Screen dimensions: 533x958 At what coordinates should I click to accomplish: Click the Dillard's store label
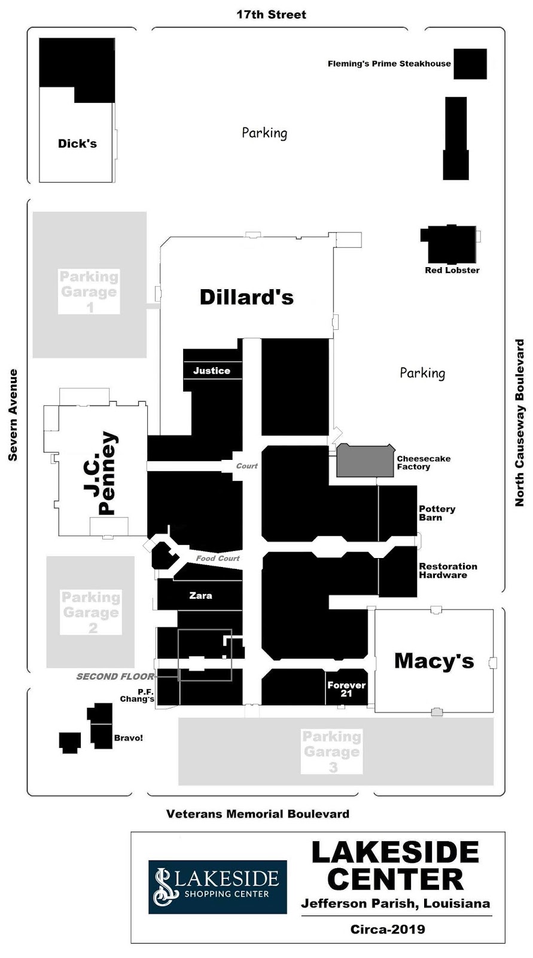(246, 297)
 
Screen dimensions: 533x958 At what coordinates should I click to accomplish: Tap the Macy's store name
(434, 661)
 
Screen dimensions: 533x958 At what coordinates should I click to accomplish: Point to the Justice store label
(212, 371)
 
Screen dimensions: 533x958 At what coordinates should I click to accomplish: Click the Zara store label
(200, 595)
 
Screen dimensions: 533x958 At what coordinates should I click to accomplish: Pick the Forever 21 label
(346, 689)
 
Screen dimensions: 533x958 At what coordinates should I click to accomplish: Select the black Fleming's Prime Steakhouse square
(470, 63)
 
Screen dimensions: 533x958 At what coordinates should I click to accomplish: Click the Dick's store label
(77, 143)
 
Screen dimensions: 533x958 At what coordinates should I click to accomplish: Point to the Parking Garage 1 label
(89, 292)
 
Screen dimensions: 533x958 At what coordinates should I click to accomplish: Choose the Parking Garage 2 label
(91, 612)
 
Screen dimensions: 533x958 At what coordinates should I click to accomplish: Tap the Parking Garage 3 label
(331, 751)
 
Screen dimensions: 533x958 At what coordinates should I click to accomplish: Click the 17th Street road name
(272, 14)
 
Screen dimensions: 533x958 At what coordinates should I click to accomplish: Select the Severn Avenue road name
(13, 415)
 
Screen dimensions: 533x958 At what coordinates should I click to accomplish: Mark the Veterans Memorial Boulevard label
(258, 814)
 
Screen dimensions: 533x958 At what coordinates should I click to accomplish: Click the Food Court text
(218, 558)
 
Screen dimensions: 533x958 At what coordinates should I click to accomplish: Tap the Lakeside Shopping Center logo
(218, 887)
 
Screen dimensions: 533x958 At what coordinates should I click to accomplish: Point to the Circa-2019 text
(388, 929)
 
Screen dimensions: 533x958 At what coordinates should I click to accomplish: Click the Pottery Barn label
(437, 513)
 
